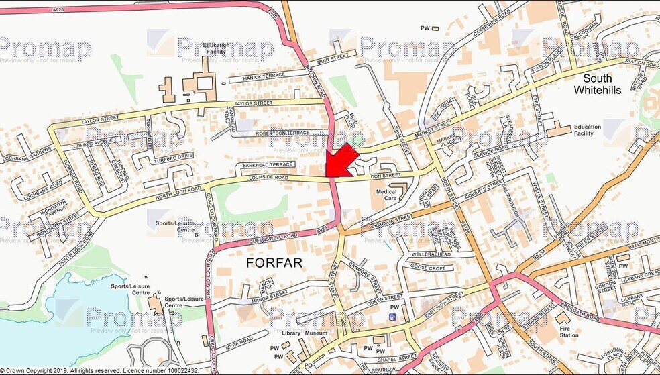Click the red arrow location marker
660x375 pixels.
point(341,160)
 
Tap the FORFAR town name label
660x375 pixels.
point(275,262)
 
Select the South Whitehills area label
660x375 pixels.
point(597,84)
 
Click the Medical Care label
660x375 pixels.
point(386,195)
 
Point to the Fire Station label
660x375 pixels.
point(568,331)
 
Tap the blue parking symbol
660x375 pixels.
point(392,316)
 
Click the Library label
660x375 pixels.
point(291,333)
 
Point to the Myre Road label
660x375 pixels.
point(237,345)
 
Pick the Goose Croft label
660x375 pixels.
point(427,268)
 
